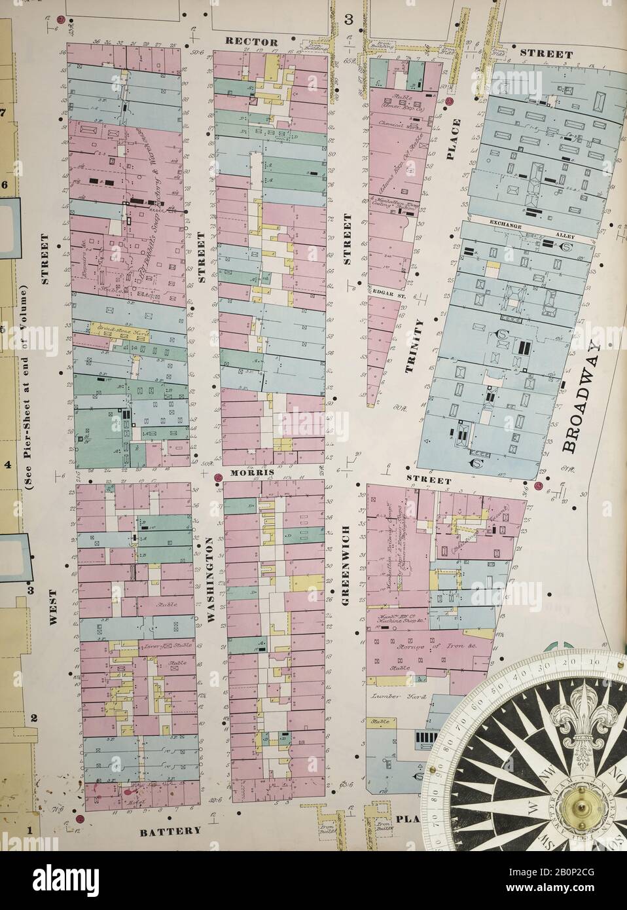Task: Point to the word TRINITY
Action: coord(410,346)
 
